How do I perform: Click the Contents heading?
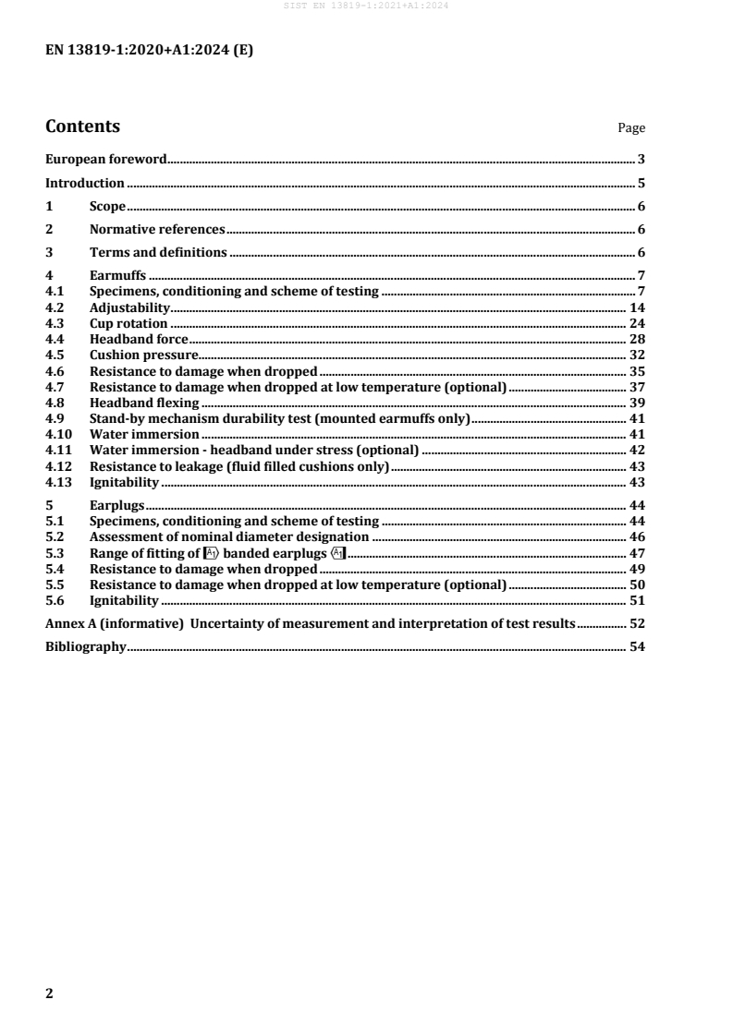coord(82,126)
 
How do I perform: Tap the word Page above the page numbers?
coord(631,128)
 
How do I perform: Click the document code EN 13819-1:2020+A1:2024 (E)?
coord(149,52)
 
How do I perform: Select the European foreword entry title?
coord(106,159)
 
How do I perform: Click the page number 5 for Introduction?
coord(641,183)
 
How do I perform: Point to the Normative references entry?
coord(157,229)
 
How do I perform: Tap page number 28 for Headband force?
coord(637,339)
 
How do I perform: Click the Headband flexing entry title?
coord(144,403)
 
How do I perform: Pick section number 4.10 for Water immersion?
coord(58,434)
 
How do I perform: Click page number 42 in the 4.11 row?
coord(637,450)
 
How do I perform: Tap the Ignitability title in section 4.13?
coord(125,481)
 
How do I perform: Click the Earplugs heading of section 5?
coord(118,505)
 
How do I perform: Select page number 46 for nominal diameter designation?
coord(637,536)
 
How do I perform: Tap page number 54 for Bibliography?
coord(637,647)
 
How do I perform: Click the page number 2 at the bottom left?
coord(50,994)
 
